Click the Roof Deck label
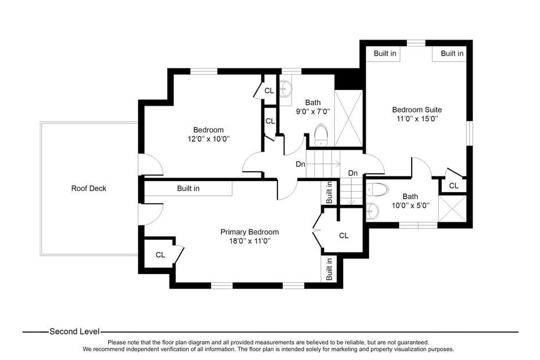coord(89,188)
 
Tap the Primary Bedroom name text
coord(250,232)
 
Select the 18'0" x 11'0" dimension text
coord(250,240)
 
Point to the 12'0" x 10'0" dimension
coord(208,139)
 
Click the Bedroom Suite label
coord(416,109)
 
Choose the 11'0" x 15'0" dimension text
coord(416,118)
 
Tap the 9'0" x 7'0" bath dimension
coord(313,111)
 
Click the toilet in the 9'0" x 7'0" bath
coord(321,135)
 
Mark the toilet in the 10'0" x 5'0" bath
coord(377,189)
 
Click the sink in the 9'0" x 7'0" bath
coord(285,89)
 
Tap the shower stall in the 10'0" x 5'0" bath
coord(452,208)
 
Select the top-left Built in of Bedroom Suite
coord(384,53)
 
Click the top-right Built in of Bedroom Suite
coord(452,53)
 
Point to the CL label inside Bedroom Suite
coord(453,186)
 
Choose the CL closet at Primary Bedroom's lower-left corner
coord(160,254)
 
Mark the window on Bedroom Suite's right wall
coord(470,134)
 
